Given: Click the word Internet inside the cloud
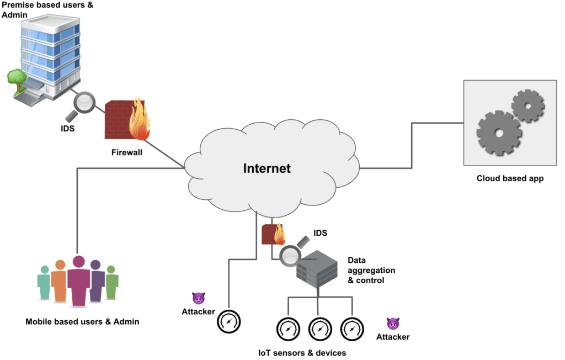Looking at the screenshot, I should [x=267, y=168].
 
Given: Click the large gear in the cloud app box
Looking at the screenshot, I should [x=498, y=133].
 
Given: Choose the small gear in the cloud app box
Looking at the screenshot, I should [x=528, y=105].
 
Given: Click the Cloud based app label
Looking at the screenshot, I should [x=510, y=178].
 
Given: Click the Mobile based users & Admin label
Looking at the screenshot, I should [x=82, y=321].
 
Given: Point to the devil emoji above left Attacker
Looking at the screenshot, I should [x=198, y=299].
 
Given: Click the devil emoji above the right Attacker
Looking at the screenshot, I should [x=393, y=324].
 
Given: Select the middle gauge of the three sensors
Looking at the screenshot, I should [x=318, y=329].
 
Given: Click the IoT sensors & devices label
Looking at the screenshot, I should [x=302, y=352].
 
